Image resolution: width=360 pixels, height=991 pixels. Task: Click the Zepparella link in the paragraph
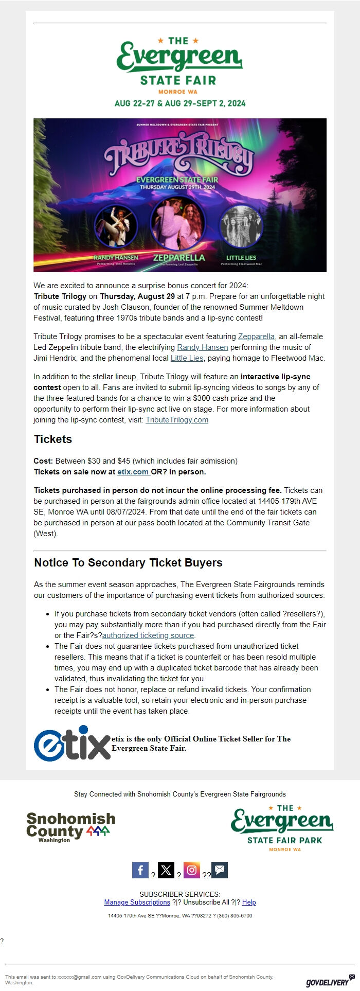[256, 337]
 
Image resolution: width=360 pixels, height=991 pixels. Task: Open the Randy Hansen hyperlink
[202, 347]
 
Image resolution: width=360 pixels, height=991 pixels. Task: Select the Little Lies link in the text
[187, 358]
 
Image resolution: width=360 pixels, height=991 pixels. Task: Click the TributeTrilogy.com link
[177, 420]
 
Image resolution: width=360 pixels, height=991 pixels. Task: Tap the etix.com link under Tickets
[133, 472]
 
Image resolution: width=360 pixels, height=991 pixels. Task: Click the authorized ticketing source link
[148, 635]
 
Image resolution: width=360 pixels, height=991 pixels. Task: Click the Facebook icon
[140, 870]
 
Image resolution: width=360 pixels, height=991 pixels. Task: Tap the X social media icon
[166, 870]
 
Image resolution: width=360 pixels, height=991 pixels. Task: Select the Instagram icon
[192, 870]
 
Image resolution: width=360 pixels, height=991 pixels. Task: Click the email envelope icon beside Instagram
[220, 870]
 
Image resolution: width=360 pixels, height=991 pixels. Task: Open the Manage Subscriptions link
[137, 902]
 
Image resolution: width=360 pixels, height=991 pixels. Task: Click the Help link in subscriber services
[249, 902]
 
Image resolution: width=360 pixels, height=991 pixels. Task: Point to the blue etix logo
[72, 744]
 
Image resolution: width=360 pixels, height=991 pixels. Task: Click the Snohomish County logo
[71, 827]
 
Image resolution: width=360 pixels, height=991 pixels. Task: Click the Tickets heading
[53, 439]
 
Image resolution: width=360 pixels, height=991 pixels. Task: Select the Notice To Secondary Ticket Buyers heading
[128, 563]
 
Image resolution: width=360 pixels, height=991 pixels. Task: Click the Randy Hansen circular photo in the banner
[116, 226]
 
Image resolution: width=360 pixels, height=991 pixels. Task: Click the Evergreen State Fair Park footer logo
[282, 828]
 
